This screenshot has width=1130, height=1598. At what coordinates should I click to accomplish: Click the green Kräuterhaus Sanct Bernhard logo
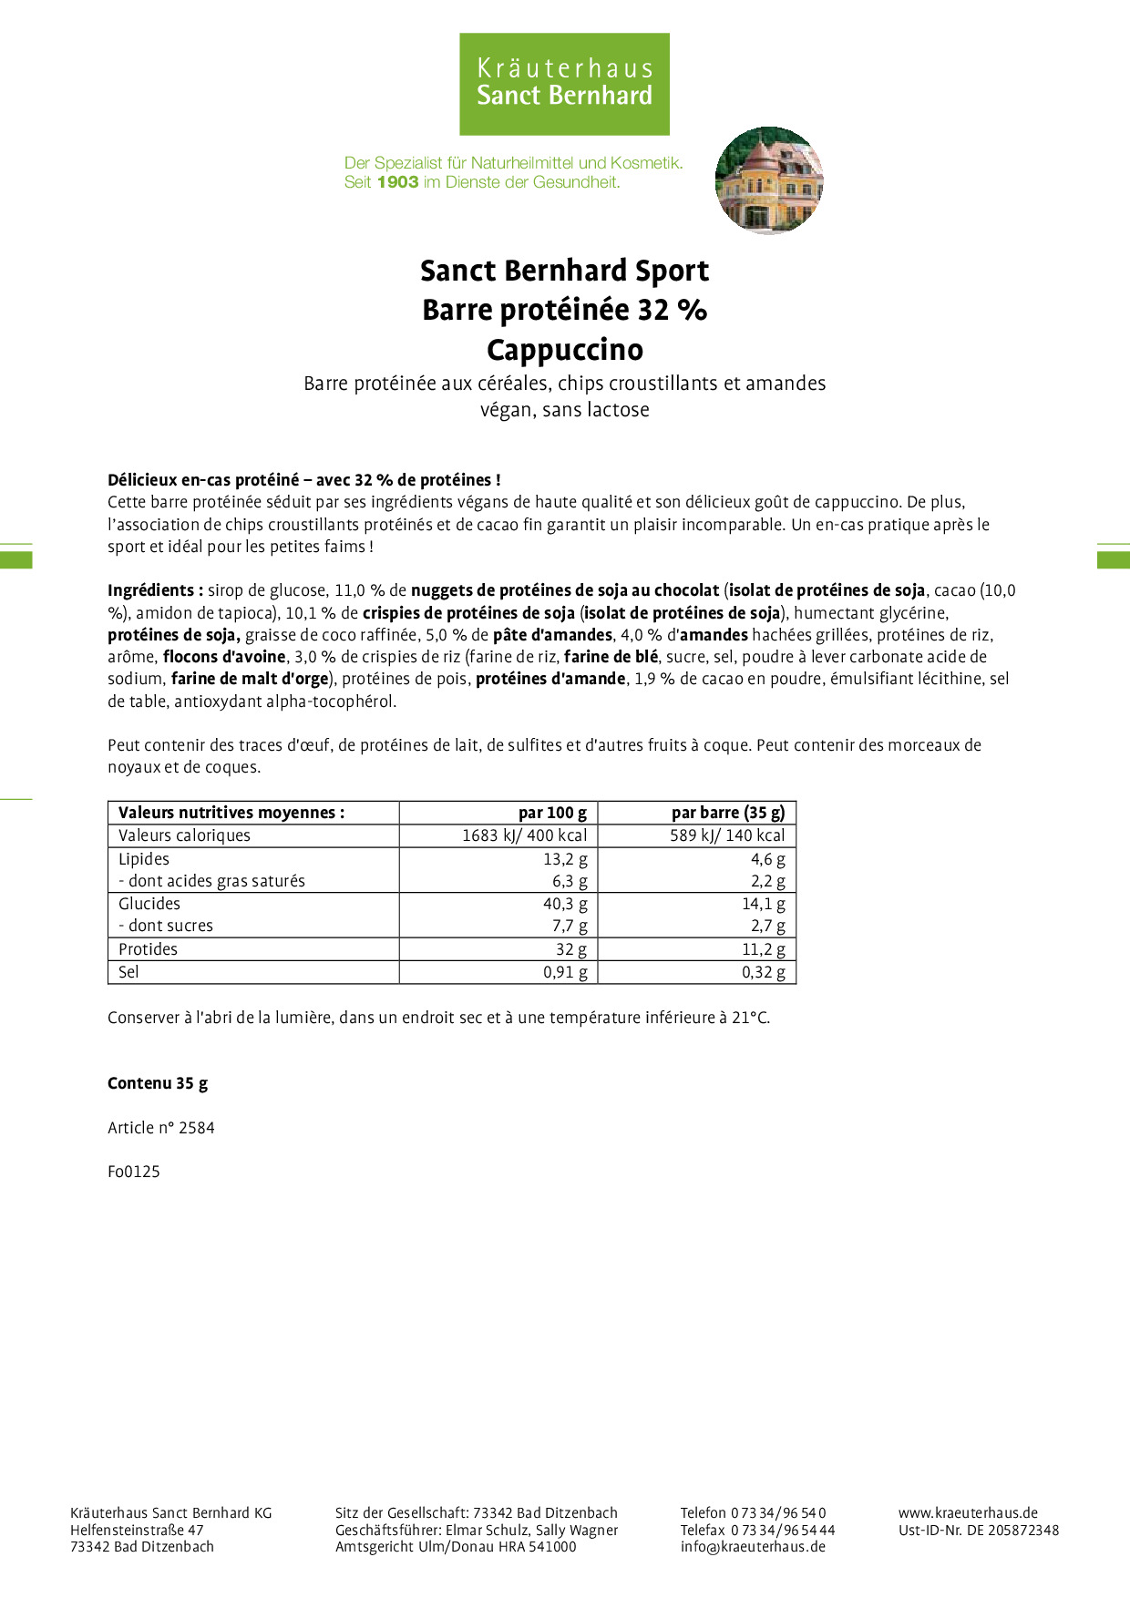pyautogui.click(x=564, y=84)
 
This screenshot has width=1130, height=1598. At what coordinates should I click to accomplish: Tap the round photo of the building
pyautogui.click(x=769, y=180)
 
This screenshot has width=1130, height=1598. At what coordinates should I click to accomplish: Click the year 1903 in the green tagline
pyautogui.click(x=397, y=182)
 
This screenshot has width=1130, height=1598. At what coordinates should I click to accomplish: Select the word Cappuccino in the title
pyautogui.click(x=565, y=350)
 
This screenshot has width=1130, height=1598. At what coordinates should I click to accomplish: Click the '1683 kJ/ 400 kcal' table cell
pyautogui.click(x=524, y=835)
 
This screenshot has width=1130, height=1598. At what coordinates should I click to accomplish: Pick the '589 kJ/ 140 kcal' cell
pyautogui.click(x=726, y=835)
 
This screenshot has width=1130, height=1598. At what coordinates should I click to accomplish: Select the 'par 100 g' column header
pyautogui.click(x=552, y=813)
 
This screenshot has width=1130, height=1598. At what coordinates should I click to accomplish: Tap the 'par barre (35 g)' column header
pyautogui.click(x=727, y=813)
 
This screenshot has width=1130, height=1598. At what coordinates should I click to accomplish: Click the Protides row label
pyautogui.click(x=148, y=949)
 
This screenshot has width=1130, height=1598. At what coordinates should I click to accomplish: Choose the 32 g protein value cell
pyautogui.click(x=571, y=949)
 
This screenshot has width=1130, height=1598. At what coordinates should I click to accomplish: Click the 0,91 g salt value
pyautogui.click(x=565, y=972)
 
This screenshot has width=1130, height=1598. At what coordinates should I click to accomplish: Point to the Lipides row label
pyautogui.click(x=144, y=859)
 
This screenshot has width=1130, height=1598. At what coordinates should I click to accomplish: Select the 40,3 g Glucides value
pyautogui.click(x=565, y=904)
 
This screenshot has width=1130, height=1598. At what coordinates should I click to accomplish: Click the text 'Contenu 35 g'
pyautogui.click(x=158, y=1083)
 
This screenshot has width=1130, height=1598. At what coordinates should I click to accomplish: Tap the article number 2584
pyautogui.click(x=196, y=1128)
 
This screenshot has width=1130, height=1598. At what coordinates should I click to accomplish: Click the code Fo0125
pyautogui.click(x=134, y=1172)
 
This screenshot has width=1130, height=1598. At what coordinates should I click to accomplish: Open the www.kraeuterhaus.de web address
pyautogui.click(x=968, y=1512)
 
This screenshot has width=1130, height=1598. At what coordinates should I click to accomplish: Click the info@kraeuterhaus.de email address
pyautogui.click(x=753, y=1547)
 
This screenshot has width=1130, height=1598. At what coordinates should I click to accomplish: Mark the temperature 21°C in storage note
pyautogui.click(x=750, y=1018)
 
